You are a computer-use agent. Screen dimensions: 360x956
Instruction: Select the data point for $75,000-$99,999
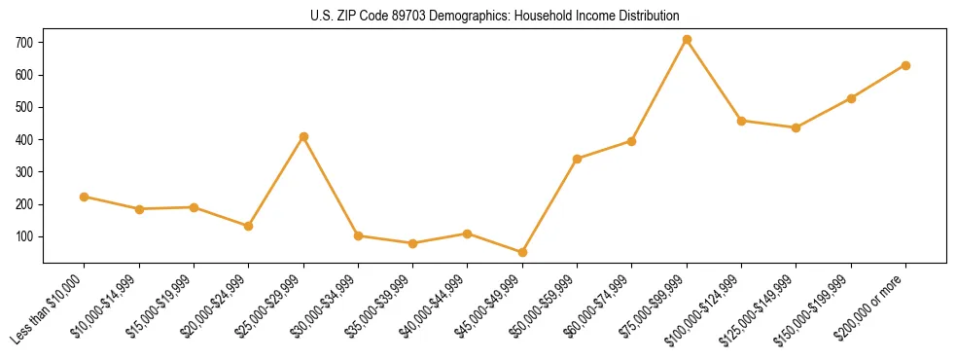click(x=687, y=40)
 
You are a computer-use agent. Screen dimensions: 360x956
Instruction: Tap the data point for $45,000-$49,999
click(x=522, y=252)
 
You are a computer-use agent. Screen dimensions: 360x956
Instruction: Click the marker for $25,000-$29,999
click(x=303, y=136)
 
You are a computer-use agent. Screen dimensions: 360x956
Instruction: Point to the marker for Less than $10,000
click(x=85, y=197)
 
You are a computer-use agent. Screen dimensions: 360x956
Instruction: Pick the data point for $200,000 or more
click(x=905, y=65)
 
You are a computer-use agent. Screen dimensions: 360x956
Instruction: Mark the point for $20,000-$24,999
click(x=249, y=226)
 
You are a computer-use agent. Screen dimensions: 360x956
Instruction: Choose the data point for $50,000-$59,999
click(x=578, y=159)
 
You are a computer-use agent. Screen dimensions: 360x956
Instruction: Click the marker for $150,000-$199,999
click(x=851, y=98)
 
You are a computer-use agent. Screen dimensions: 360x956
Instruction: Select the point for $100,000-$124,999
click(x=741, y=121)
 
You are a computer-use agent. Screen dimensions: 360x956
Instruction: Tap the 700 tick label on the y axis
click(x=24, y=43)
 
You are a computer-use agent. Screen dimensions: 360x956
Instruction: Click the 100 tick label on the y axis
click(x=24, y=236)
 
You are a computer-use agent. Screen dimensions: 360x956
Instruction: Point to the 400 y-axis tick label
click(x=24, y=140)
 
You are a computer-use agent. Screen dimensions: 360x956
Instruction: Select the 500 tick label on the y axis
click(x=24, y=107)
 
